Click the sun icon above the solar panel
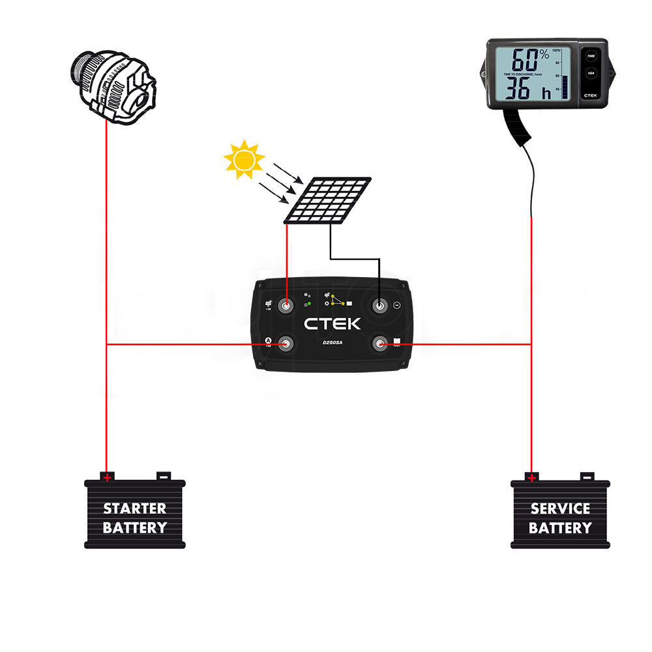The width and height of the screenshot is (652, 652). (244, 159)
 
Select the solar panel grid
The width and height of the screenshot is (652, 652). (328, 200)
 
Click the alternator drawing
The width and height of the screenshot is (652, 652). (113, 85)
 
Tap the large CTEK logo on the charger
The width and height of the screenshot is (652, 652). (332, 323)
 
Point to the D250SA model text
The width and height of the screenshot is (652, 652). (333, 343)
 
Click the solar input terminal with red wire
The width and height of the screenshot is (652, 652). (286, 305)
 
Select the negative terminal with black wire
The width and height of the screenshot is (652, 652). (379, 305)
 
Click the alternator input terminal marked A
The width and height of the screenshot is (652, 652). (286, 344)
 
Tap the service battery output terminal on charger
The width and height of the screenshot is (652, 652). (379, 344)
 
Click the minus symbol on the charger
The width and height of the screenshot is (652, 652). (397, 305)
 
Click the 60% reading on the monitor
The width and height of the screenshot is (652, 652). (529, 61)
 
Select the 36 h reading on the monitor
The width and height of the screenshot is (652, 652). (531, 89)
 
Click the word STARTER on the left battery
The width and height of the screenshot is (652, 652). (135, 509)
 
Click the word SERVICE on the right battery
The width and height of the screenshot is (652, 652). (560, 509)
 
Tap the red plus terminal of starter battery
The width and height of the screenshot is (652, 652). (106, 477)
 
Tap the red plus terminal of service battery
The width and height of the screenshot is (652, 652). (531, 477)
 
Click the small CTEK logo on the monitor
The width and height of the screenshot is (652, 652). (591, 95)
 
